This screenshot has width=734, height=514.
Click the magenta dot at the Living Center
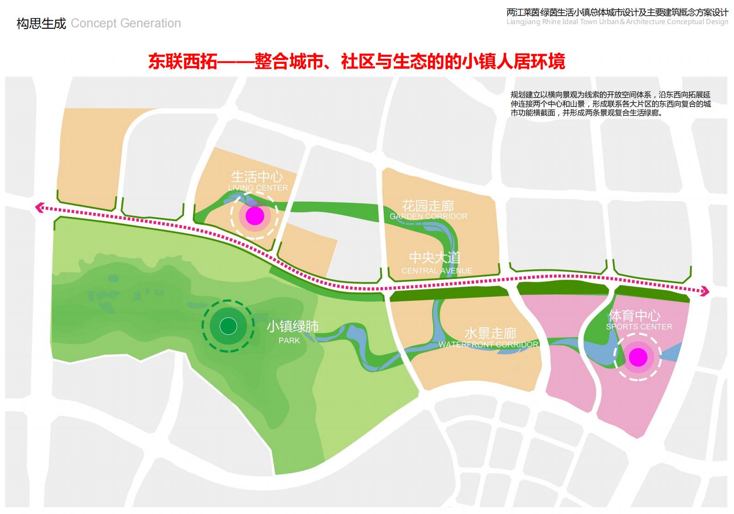pos(255,216)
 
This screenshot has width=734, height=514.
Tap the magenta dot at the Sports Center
pos(638,357)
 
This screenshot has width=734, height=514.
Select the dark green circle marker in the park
pos(228,326)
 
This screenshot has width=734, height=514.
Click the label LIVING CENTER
pos(258,188)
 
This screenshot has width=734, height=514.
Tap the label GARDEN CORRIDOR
pos(428,216)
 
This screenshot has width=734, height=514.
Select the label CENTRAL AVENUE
pos(437,271)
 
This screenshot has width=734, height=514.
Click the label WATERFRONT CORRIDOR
pos(489,344)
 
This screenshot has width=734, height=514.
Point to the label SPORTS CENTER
pos(639,327)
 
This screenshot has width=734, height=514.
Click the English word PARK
pos(289,341)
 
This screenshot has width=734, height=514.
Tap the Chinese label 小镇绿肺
pos(293,327)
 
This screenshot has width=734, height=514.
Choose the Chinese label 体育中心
pos(634,316)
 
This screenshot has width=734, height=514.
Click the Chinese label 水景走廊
pos(490,333)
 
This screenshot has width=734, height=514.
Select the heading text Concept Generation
pos(126,23)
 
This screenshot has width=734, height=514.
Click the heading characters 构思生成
pos(42,23)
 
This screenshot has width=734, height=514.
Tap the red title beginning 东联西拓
pos(356,62)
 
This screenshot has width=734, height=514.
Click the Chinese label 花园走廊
pos(428,205)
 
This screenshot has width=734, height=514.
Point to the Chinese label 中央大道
pos(435,258)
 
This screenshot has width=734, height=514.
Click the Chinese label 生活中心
pos(257,177)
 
